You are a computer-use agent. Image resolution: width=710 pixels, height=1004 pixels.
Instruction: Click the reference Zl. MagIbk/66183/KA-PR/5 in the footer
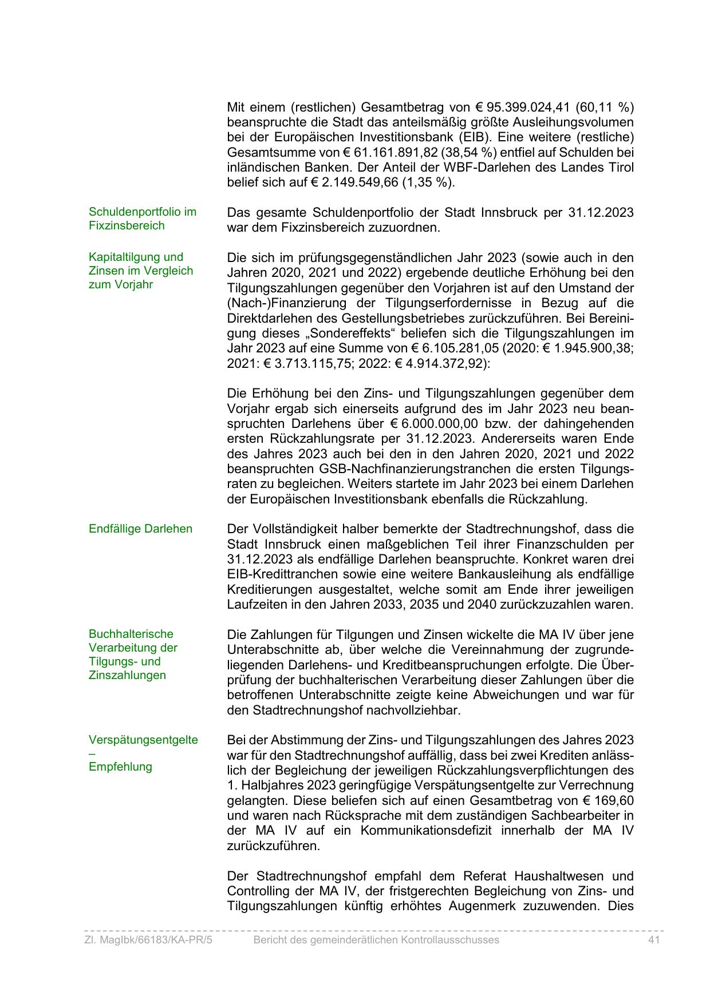click(x=148, y=939)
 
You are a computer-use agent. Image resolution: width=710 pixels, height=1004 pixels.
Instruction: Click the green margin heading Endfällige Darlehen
click(x=140, y=529)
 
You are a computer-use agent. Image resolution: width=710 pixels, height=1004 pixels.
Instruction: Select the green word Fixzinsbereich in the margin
click(x=127, y=225)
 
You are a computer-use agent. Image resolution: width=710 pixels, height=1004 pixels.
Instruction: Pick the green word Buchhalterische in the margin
click(x=131, y=634)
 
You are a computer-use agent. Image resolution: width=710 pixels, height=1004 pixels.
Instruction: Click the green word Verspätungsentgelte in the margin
click(x=143, y=740)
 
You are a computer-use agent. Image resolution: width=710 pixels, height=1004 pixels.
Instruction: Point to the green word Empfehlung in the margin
click(x=120, y=767)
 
